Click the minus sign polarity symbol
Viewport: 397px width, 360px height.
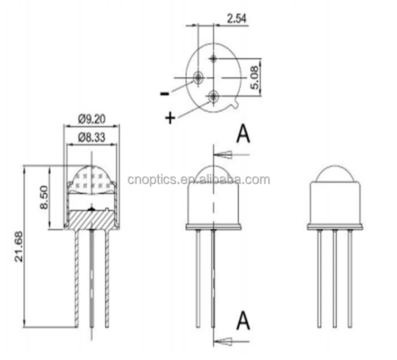point(165,94)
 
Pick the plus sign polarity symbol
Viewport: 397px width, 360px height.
point(170,118)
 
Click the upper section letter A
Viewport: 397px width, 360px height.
point(243,134)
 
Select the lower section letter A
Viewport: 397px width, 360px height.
point(243,320)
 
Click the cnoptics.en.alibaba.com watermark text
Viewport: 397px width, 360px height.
point(198,180)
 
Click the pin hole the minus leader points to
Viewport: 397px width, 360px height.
point(198,77)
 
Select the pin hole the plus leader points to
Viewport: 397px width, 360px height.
point(213,96)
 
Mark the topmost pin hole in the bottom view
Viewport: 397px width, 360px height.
point(213,58)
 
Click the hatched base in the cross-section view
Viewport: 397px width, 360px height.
point(92,218)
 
